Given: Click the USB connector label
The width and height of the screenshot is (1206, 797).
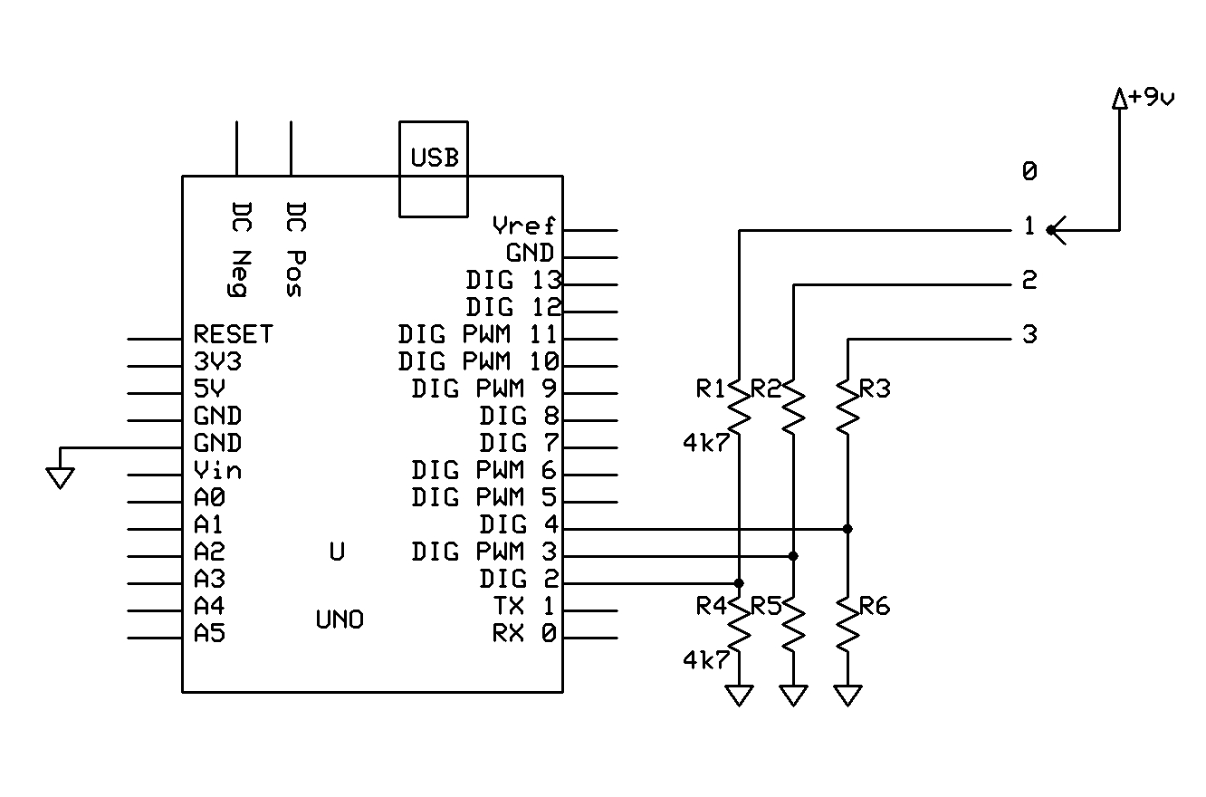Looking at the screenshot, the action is coord(435,158).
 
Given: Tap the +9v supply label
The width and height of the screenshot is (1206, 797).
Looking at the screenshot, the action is coord(1152,98).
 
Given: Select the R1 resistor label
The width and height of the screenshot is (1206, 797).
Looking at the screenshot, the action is coord(711,389).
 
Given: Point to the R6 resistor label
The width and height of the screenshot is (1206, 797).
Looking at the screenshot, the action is coord(875,607).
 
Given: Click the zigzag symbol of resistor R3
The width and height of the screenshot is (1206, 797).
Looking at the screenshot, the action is coord(848,407).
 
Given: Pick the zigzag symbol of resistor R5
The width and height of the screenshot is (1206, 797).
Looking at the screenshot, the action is coord(793,625).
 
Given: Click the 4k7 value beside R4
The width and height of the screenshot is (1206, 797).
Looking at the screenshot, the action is coord(706,660).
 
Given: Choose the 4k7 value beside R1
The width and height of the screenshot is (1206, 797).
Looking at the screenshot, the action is coord(706,443).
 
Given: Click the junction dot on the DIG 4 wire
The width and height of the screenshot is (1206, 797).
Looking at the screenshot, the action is coord(847,529).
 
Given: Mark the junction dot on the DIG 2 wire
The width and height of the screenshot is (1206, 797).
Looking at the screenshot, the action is coord(739,583).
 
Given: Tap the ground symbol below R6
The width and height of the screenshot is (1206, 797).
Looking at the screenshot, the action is coord(848,696).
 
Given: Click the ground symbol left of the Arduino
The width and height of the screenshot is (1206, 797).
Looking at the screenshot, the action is coord(61,478).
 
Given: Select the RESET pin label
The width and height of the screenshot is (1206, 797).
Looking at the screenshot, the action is coord(233,334).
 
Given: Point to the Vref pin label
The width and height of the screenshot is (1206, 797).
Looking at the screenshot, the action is coord(523,226).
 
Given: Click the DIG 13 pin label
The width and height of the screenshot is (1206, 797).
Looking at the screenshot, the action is coord(513,280).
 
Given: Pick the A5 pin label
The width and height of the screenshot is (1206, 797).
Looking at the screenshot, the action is coord(209,633).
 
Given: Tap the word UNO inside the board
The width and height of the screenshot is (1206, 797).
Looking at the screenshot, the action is coord(340,619).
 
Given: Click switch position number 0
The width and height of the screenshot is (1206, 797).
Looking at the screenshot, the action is coord(1029,172).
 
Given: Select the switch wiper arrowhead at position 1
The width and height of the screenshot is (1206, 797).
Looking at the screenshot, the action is coord(1057,230).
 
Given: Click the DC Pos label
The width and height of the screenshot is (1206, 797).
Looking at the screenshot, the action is coord(295,249).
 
